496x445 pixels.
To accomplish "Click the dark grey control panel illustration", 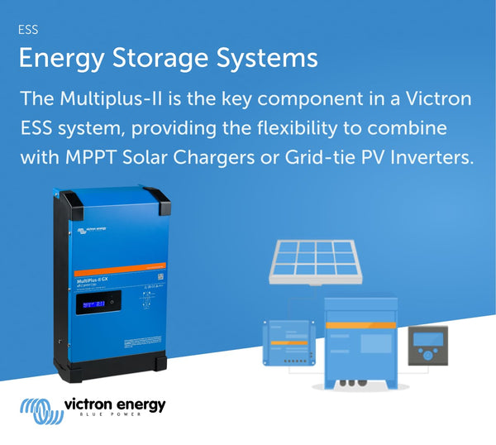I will tap(428, 345).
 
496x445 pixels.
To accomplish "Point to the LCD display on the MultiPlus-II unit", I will tap(93, 304).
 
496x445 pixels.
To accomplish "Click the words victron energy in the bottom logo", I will tap(114, 404).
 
